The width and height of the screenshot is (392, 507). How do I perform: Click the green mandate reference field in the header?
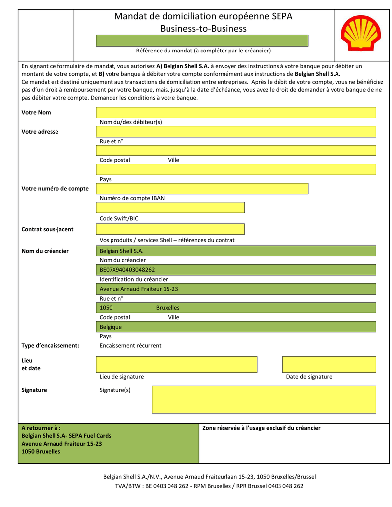(202, 41)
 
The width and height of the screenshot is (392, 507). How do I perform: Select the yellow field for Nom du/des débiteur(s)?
(235, 112)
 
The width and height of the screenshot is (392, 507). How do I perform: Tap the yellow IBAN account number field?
(202, 189)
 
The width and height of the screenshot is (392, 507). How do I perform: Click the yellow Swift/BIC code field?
(170, 207)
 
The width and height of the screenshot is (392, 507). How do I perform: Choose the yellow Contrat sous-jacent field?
(170, 229)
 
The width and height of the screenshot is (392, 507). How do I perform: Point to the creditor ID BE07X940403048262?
(127, 270)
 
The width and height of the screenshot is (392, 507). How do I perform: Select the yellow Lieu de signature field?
(176, 364)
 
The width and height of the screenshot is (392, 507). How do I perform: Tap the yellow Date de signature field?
(329, 364)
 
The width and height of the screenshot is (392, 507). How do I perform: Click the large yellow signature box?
(264, 400)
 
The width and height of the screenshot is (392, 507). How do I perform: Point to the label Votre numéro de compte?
(55, 189)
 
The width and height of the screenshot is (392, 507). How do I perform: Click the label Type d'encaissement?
(50, 346)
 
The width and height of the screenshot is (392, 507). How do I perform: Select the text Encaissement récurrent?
(130, 346)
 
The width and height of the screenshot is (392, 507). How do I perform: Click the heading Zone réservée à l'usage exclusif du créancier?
(262, 428)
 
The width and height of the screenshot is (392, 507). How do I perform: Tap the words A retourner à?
(41, 428)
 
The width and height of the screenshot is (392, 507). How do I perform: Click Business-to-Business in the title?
(203, 29)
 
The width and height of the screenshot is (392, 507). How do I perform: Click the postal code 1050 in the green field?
(106, 308)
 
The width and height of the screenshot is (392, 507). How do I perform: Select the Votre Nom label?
(36, 113)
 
